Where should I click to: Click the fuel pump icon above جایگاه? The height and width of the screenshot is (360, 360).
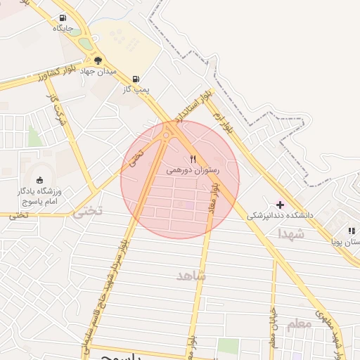[x=63, y=18]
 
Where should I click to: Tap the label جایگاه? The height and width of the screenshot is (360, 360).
[x=63, y=29]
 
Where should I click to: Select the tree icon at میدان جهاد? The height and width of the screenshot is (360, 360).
[x=98, y=60]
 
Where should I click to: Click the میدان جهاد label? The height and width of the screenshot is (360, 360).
[x=97, y=71]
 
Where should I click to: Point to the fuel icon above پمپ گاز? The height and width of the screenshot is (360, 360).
[x=135, y=79]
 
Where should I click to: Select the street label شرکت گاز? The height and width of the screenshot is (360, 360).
[x=58, y=109]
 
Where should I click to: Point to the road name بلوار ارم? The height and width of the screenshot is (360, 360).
[x=226, y=116]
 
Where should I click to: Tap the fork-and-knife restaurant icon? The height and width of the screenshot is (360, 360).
[x=193, y=159]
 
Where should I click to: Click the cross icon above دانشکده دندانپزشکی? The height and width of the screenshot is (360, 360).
[x=281, y=205]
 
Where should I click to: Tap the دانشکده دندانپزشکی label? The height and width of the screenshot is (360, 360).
[x=280, y=217]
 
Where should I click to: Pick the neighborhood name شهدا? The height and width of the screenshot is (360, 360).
[x=290, y=233]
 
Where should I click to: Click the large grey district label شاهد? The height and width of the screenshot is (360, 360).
[x=192, y=276]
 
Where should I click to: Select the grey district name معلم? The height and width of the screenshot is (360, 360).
[x=299, y=323]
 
